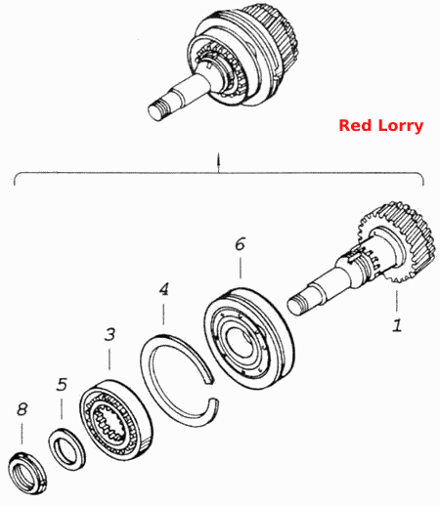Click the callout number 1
[x=397, y=325]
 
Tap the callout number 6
[x=241, y=243]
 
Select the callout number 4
[x=164, y=289]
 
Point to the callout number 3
[x=110, y=334]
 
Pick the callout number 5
[x=62, y=384]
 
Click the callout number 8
[x=22, y=409]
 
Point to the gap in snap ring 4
[x=214, y=389]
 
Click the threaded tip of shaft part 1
[x=296, y=306]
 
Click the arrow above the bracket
[x=219, y=161]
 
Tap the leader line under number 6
[x=241, y=268]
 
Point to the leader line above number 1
[x=397, y=302]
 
